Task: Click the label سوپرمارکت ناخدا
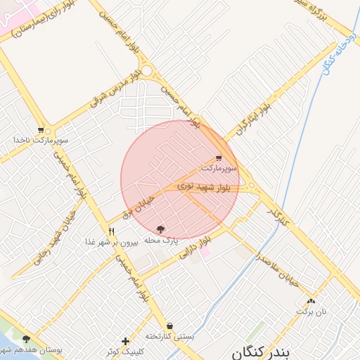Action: coord(40,140)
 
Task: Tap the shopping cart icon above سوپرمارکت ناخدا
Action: coord(41,130)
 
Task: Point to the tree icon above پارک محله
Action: coord(161,230)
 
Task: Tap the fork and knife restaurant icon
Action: coord(111,231)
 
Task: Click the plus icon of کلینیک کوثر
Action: coord(125,341)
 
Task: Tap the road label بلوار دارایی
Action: coord(196,249)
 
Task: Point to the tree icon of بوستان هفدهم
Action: coord(27,340)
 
